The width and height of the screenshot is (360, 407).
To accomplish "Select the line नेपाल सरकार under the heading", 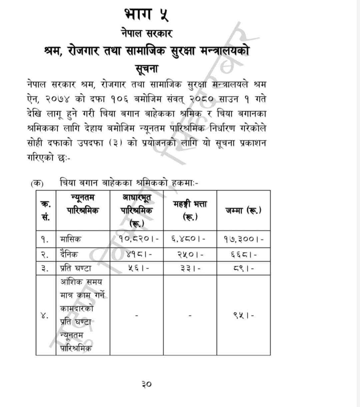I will pos(147,33).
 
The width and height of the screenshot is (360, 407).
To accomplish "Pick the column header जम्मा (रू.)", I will pos(244,210).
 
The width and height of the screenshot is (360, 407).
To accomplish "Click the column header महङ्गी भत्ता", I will pos(190,210).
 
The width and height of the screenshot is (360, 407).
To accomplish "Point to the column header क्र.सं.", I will pos(45,210).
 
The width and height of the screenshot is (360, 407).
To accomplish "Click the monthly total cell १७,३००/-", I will pos(244,238).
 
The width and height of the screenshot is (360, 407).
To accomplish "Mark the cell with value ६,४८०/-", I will pos(190,238).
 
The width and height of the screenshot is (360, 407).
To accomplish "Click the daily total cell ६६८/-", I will pos(244,254).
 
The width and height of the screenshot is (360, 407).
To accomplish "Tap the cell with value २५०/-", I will pos(190,254).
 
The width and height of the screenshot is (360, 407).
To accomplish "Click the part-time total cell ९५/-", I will pos(244,316).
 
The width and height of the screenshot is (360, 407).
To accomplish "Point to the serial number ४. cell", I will pos(45,316).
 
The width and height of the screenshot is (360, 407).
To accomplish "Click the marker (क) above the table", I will pos(37,184).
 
